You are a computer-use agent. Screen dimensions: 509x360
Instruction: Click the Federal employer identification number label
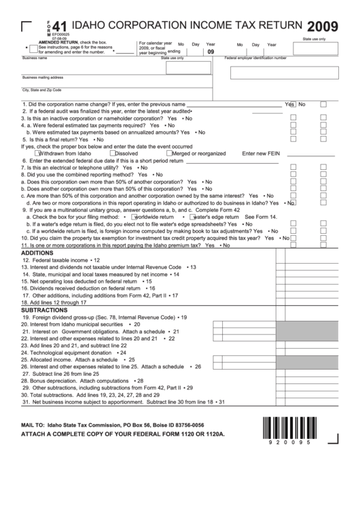point(255,58)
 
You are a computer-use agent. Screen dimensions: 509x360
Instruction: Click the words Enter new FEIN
point(261,154)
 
